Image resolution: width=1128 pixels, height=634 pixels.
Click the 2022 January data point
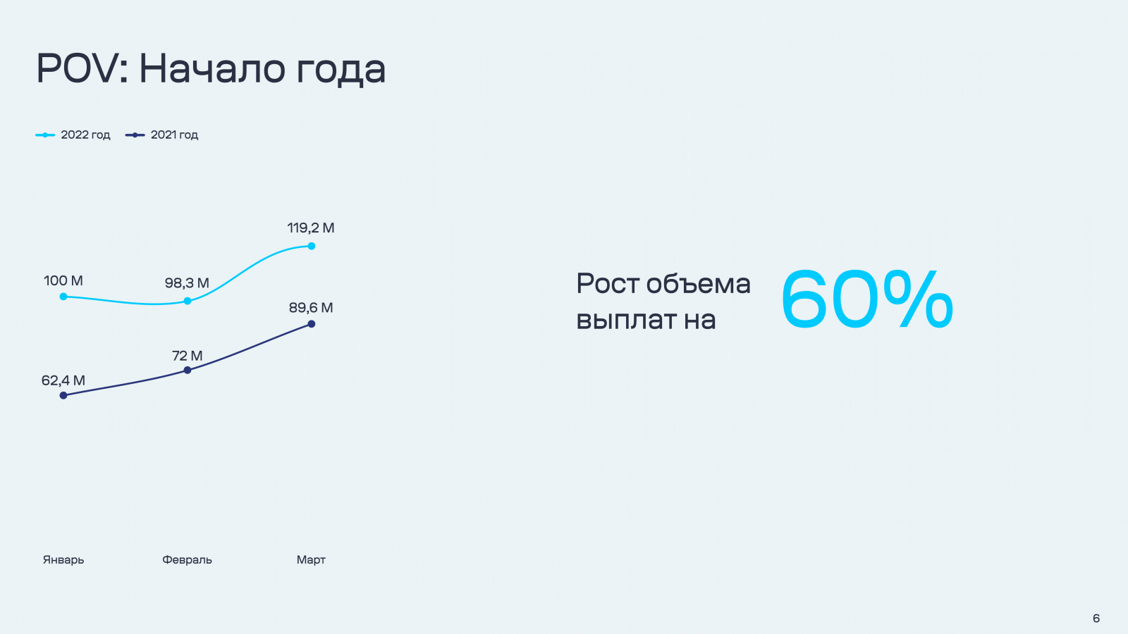click(63, 297)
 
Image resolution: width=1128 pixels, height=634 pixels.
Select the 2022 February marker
click(188, 301)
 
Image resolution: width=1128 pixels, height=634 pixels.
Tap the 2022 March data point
click(312, 246)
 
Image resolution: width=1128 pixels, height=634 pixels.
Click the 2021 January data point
click(63, 395)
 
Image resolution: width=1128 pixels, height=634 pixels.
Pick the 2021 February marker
click(188, 371)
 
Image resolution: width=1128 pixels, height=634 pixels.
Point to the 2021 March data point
click(312, 324)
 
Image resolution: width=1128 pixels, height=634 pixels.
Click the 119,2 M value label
click(311, 228)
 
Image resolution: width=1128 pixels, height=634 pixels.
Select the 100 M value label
click(63, 281)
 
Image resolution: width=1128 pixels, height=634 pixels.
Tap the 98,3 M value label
click(187, 282)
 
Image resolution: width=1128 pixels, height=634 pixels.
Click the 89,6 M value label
click(311, 307)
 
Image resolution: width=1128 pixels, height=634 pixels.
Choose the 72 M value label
click(188, 356)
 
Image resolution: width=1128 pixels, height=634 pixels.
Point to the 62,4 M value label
click(63, 380)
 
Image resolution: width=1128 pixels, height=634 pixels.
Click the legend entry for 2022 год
click(73, 135)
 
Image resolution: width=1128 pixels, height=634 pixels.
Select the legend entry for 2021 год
click(161, 135)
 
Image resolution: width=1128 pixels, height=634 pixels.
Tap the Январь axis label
click(63, 560)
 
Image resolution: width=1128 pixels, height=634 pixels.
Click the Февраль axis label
click(188, 560)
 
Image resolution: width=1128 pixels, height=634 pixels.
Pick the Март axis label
click(311, 560)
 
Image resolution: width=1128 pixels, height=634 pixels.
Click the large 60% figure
click(867, 299)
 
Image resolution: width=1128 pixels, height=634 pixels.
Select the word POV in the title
click(77, 68)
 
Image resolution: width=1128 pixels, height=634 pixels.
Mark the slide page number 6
click(1096, 618)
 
